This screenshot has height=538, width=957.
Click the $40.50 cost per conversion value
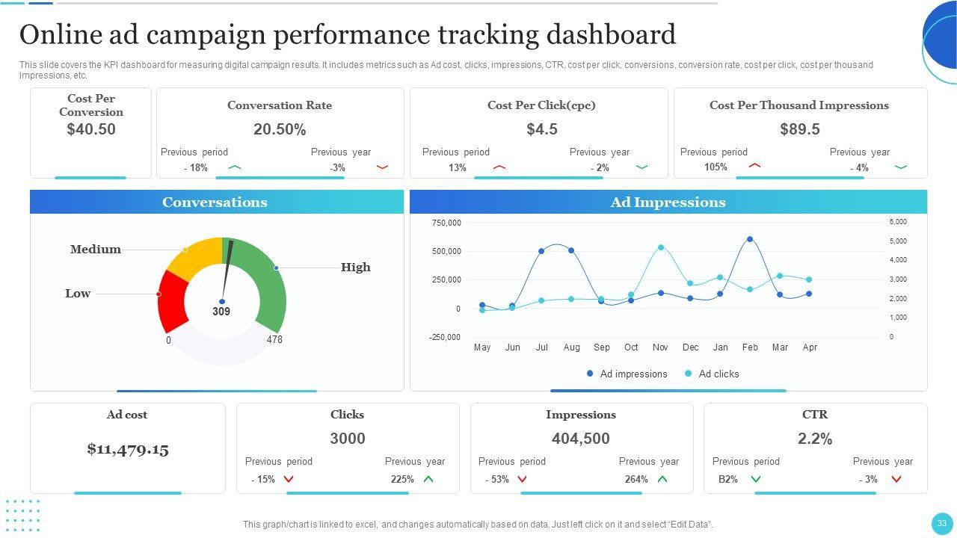coord(91,129)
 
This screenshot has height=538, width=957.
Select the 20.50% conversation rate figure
coord(280,129)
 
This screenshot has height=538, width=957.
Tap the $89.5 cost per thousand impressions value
coord(799,129)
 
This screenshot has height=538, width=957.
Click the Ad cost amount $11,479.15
coord(128,449)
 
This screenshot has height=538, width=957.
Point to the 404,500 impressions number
coord(581,439)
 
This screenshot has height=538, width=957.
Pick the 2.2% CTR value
coord(815,439)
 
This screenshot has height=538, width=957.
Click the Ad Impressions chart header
coord(668,202)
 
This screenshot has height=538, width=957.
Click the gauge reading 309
coord(221,312)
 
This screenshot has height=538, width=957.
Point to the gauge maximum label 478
coord(274,339)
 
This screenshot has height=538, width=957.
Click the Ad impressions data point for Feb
coord(750,240)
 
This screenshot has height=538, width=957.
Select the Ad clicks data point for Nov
coord(661,247)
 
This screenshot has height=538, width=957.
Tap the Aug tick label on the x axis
coord(571,347)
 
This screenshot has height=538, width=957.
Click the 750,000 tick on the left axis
coord(446,223)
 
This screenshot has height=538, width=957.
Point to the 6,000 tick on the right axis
coord(897,222)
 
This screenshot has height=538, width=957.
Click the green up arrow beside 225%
coord(428,479)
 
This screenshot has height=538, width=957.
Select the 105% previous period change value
coord(716,167)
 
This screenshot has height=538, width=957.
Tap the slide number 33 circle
coord(941,523)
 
